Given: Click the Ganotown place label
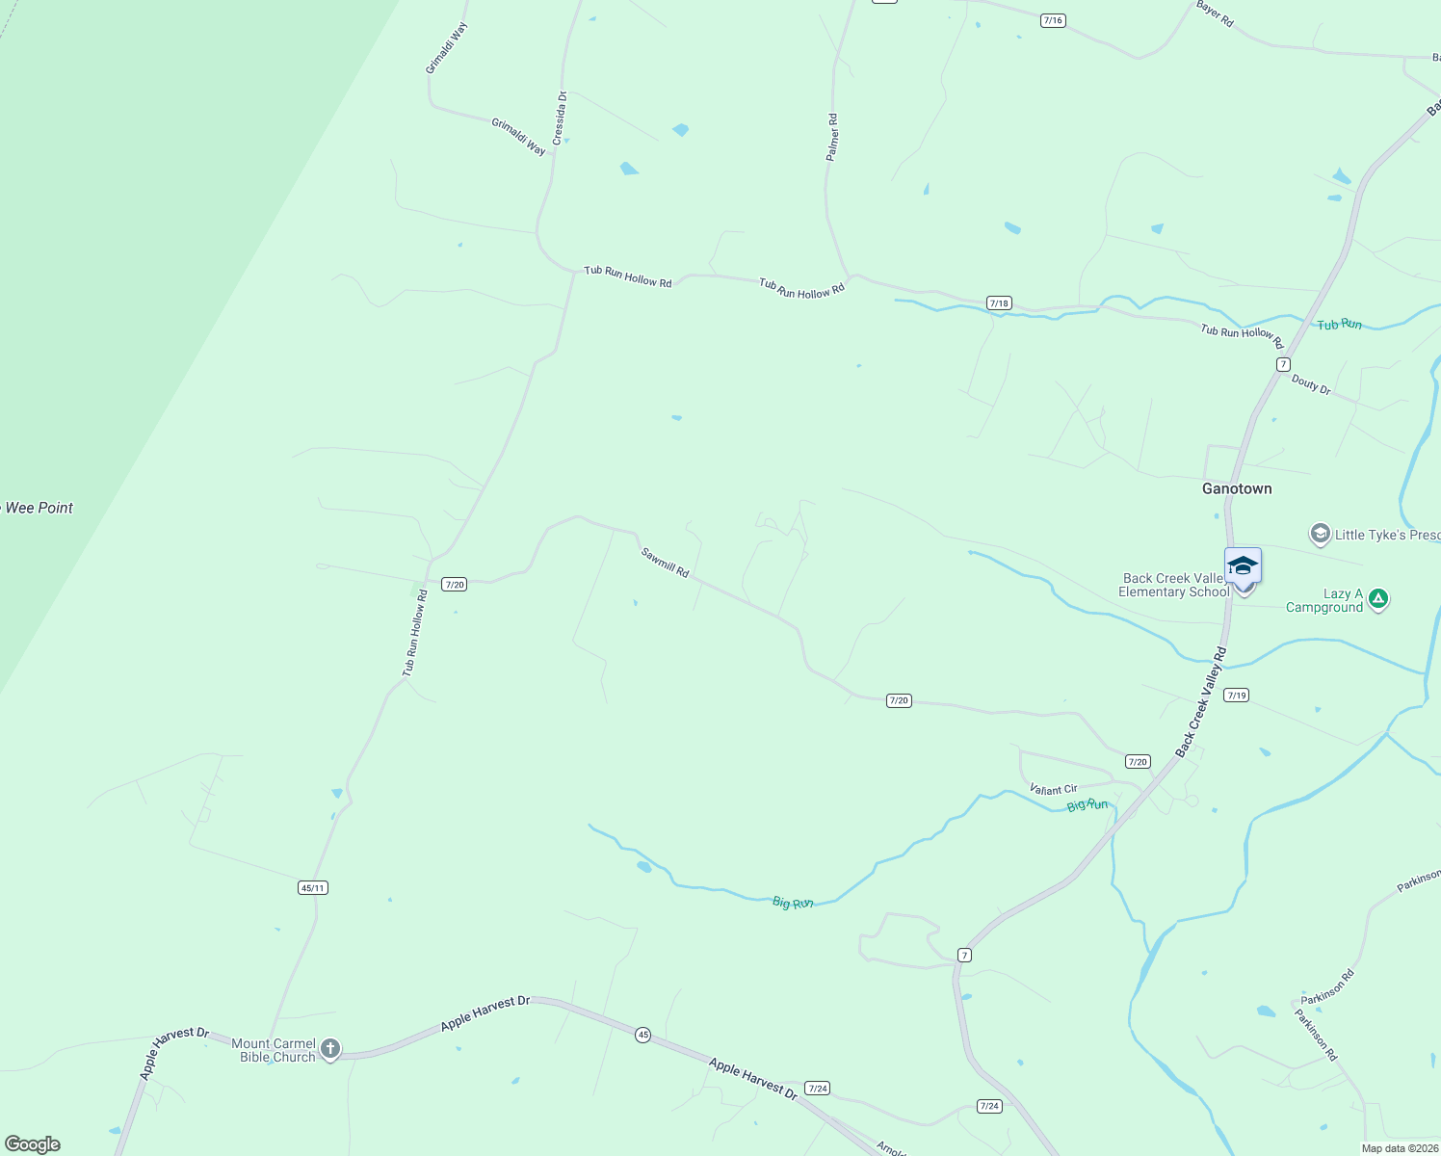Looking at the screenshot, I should (x=1237, y=488).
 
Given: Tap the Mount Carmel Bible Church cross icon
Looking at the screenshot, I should (x=330, y=1048).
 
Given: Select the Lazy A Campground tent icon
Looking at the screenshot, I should (x=1378, y=599).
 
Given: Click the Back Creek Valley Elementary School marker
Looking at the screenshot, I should (x=1243, y=567).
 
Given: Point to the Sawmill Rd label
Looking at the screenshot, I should (x=666, y=563).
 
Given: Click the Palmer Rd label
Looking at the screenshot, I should (x=833, y=137).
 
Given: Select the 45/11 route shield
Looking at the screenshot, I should (x=313, y=887).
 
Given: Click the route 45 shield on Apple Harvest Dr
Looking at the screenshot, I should (x=642, y=1035).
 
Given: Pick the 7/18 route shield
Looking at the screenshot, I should (x=999, y=303).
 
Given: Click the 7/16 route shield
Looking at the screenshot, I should (x=1053, y=20).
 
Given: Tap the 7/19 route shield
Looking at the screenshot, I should (x=1236, y=695).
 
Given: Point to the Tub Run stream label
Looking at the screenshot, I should (x=1340, y=325).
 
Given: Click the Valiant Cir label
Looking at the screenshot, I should (x=1053, y=789).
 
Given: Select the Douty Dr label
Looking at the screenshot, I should (x=1311, y=384).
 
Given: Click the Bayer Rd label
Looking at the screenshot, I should (x=1215, y=13).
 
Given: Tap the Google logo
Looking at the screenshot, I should (x=32, y=1143).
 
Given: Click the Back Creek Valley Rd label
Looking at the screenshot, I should (x=1201, y=701).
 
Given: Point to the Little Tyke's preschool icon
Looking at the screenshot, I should (x=1320, y=534).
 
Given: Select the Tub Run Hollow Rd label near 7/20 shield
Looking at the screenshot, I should (x=414, y=634).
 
